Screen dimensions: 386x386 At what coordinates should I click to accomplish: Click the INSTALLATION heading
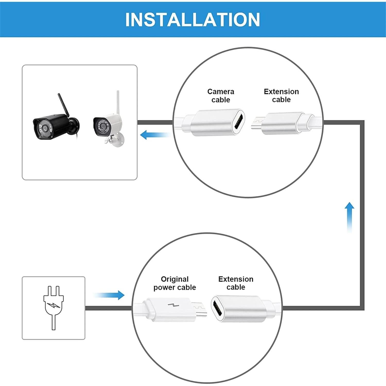coord(192,19)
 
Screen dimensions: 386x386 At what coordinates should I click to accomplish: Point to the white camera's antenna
coord(118,102)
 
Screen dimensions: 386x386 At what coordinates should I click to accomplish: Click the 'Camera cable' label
coord(221,95)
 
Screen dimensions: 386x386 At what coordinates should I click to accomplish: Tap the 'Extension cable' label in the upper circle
coord(281,95)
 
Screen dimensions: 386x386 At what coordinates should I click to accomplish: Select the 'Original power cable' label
coord(174,283)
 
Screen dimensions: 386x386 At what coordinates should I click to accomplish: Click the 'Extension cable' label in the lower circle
coord(236,283)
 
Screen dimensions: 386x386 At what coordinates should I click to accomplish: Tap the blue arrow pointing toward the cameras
coord(154,135)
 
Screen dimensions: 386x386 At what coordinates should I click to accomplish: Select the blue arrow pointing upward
coord(349,216)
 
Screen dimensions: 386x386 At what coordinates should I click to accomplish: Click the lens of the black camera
coord(45,128)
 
